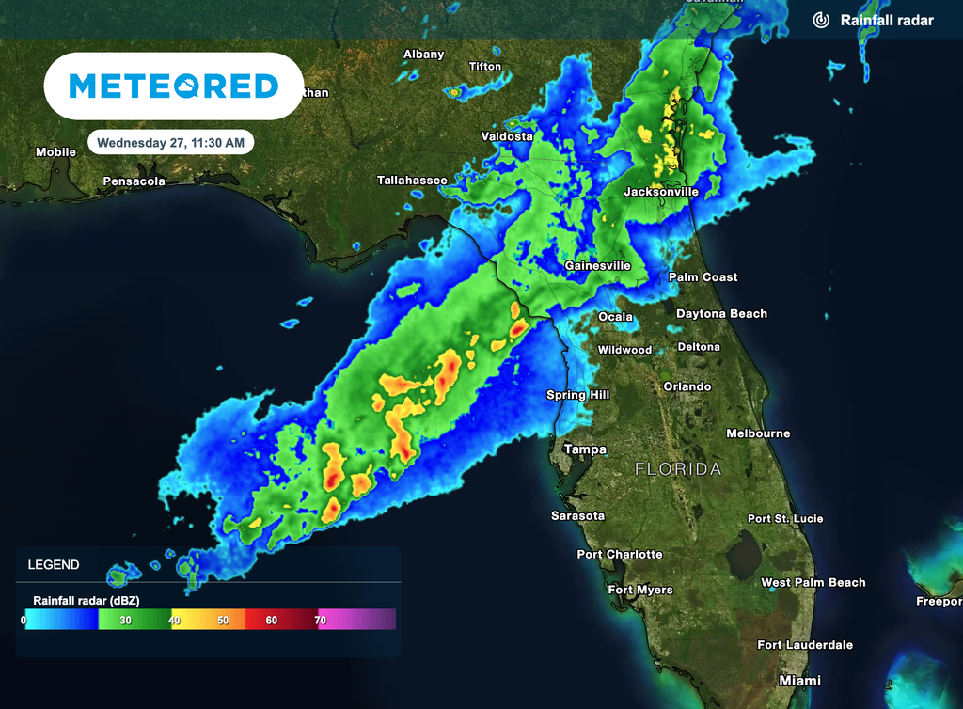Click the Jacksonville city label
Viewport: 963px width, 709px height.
[661, 192]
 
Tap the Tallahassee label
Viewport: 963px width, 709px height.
[412, 180]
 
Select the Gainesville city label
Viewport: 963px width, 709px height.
[597, 266]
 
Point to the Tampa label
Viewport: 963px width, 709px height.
[585, 449]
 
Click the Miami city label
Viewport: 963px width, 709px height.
[799, 680]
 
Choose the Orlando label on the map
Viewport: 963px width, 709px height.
[687, 386]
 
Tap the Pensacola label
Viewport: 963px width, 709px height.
[134, 181]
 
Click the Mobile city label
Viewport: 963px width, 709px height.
[55, 152]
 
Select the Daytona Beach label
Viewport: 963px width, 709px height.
[721, 314]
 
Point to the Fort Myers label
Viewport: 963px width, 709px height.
[640, 591]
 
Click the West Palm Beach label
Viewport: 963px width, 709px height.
[813, 583]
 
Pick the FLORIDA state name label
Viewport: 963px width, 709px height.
[678, 468]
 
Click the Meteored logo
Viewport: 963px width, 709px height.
[174, 87]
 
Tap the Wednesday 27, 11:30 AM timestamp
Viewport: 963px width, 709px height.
[170, 143]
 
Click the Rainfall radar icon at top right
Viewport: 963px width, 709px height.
[821, 20]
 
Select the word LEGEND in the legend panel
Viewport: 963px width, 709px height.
[54, 565]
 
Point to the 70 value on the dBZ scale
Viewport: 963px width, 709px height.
[320, 621]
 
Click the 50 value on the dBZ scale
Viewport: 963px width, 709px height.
[223, 621]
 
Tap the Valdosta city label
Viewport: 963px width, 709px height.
[507, 136]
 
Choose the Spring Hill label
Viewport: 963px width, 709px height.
[578, 395]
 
